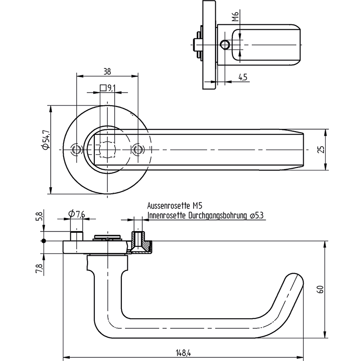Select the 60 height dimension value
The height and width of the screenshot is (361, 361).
pyautogui.click(x=320, y=289)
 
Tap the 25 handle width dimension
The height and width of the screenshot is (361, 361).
pyautogui.click(x=321, y=149)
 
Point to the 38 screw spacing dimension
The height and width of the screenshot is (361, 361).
pyautogui.click(x=107, y=71)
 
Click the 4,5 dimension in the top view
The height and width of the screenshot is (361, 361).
pyautogui.click(x=243, y=78)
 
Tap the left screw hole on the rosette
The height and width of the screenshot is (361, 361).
pyautogui.click(x=77, y=149)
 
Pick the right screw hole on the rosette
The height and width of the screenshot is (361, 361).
pyautogui.click(x=138, y=149)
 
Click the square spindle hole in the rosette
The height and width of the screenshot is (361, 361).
pyautogui.click(x=107, y=149)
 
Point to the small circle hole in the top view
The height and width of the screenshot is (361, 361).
pyautogui.click(x=224, y=44)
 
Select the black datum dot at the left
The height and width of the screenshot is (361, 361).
pyautogui.click(x=44, y=241)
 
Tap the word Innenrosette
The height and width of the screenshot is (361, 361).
pyautogui.click(x=166, y=216)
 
